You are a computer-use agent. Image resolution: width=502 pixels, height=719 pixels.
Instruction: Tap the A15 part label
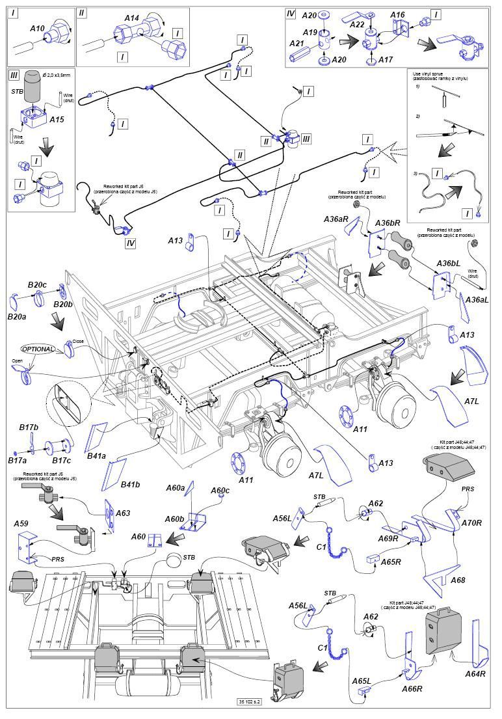57,120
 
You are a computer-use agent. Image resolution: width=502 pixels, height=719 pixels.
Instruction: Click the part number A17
386,59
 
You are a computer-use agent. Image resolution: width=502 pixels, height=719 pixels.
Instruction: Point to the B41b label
131,484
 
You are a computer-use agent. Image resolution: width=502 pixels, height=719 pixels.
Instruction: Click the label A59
21,522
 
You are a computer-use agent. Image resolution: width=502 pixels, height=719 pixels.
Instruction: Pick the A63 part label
123,513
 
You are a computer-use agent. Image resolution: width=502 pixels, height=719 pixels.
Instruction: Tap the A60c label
220,490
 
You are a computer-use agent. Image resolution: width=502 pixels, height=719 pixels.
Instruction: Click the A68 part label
457,580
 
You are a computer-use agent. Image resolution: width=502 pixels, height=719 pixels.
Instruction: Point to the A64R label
475,673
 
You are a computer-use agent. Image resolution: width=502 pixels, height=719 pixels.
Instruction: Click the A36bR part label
387,223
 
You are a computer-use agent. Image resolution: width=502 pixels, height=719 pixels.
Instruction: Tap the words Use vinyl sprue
430,75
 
